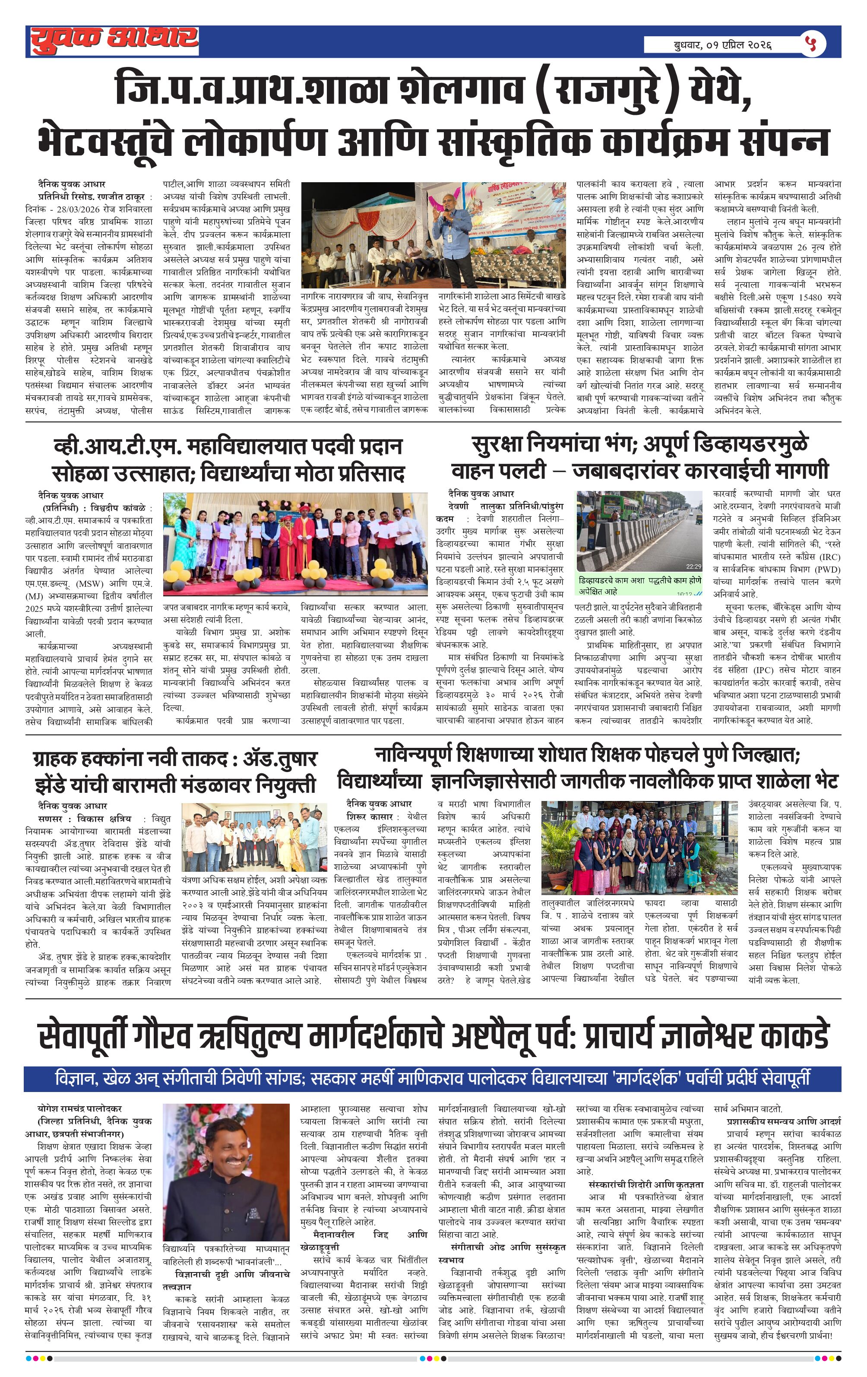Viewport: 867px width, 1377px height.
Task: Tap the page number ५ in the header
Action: (812, 44)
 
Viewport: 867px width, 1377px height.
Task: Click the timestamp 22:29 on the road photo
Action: (693, 566)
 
